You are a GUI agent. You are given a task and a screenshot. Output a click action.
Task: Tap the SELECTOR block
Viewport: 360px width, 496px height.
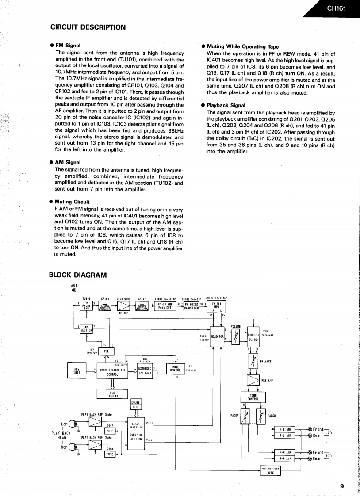218,337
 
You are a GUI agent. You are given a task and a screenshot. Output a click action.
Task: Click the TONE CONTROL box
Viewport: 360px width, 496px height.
253,397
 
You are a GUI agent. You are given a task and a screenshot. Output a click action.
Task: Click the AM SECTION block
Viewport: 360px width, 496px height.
86,329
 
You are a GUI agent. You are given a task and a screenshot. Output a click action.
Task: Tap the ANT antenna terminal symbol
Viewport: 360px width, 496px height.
74,291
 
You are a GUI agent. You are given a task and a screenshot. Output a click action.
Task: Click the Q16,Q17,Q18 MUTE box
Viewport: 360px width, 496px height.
271,470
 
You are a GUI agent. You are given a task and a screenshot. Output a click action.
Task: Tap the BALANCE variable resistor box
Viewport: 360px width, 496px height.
254,362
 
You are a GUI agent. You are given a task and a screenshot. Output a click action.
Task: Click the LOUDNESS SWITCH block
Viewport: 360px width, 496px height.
253,338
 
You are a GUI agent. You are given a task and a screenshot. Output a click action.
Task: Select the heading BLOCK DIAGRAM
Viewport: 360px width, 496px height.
77,275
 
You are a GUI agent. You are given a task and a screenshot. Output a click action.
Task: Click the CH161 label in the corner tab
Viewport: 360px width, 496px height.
336,8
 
